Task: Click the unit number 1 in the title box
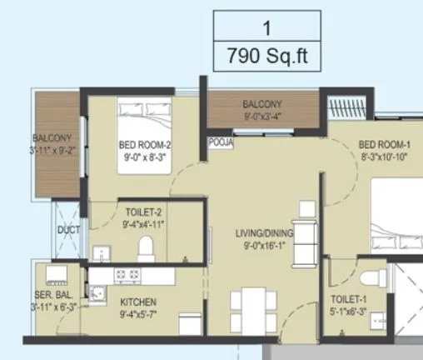click(x=268, y=27)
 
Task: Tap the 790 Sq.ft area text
click(x=268, y=57)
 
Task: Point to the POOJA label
click(x=221, y=142)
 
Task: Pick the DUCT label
click(x=67, y=231)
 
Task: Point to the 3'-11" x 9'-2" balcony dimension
click(x=55, y=150)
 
